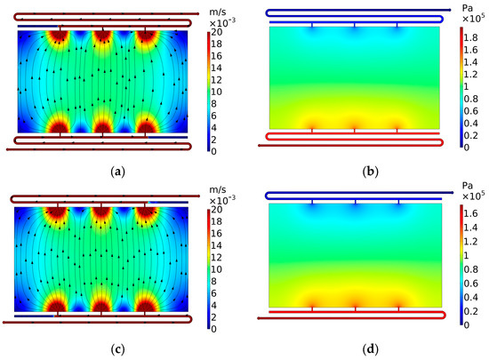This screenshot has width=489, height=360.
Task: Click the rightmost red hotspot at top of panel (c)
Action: coord(146,215)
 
